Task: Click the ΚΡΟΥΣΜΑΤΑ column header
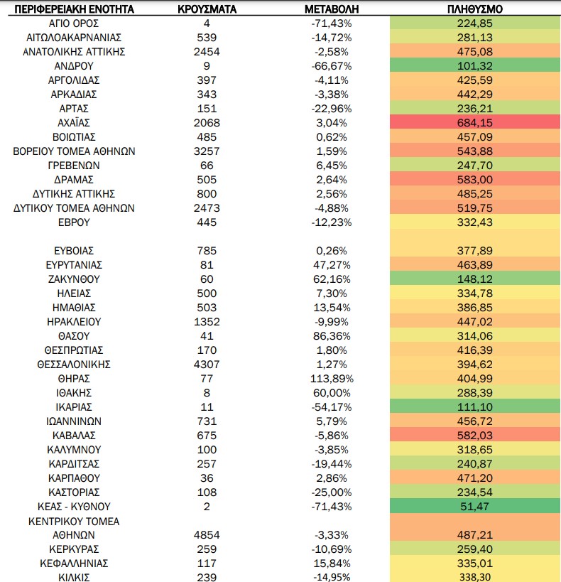pyautogui.click(x=207, y=9)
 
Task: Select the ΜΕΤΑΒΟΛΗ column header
pyautogui.click(x=332, y=9)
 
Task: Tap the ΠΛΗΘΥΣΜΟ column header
pyautogui.click(x=475, y=9)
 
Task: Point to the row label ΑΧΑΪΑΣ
pyautogui.click(x=74, y=123)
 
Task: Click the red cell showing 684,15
pyautogui.click(x=475, y=123)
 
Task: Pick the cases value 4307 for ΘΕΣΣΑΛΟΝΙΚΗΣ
pyautogui.click(x=207, y=365)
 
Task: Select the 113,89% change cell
pyautogui.click(x=332, y=379)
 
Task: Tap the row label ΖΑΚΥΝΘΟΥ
pyautogui.click(x=74, y=279)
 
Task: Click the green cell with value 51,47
pyautogui.click(x=475, y=507)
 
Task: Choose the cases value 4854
pyautogui.click(x=207, y=535)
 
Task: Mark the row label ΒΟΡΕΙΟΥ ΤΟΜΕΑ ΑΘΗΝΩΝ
pyautogui.click(x=74, y=151)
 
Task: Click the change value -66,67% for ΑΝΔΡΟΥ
pyautogui.click(x=332, y=66)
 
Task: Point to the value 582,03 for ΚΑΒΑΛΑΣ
pyautogui.click(x=475, y=436)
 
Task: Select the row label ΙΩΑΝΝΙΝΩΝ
pyautogui.click(x=74, y=421)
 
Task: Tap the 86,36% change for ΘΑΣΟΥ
pyautogui.click(x=332, y=336)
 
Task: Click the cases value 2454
pyautogui.click(x=207, y=52)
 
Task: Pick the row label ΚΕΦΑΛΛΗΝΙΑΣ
pyautogui.click(x=74, y=564)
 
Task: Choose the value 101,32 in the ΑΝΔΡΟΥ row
pyautogui.click(x=475, y=66)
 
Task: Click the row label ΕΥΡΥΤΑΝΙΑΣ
pyautogui.click(x=74, y=265)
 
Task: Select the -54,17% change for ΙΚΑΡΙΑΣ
pyautogui.click(x=332, y=407)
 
